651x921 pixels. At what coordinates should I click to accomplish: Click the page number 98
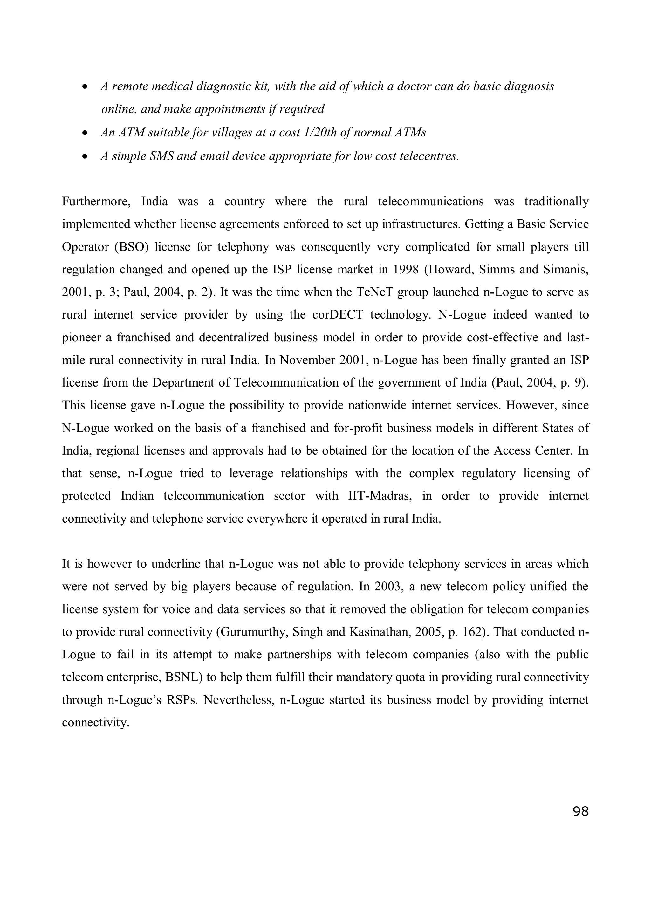pos(580,812)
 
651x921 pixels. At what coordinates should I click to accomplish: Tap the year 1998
pos(406,270)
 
